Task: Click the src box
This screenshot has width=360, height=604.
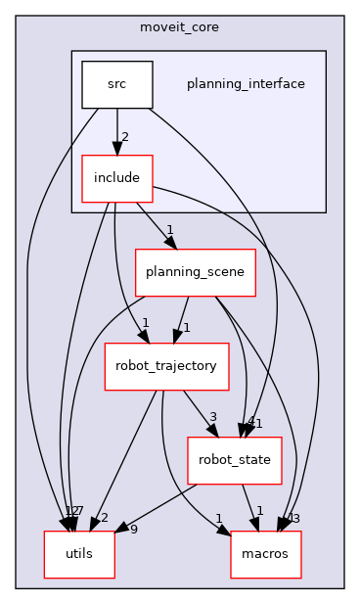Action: click(x=117, y=84)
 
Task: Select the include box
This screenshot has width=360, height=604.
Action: click(x=117, y=178)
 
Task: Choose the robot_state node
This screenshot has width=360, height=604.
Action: click(x=235, y=459)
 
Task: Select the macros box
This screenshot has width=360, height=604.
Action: click(x=265, y=553)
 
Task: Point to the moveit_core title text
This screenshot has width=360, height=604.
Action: click(x=180, y=26)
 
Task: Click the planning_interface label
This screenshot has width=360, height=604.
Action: click(x=246, y=84)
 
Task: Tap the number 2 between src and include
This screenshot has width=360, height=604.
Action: click(x=125, y=137)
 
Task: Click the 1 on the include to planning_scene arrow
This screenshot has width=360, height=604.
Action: click(x=169, y=231)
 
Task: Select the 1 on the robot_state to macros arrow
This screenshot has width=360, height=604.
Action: click(x=259, y=512)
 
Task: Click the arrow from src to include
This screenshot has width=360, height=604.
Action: click(x=117, y=131)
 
